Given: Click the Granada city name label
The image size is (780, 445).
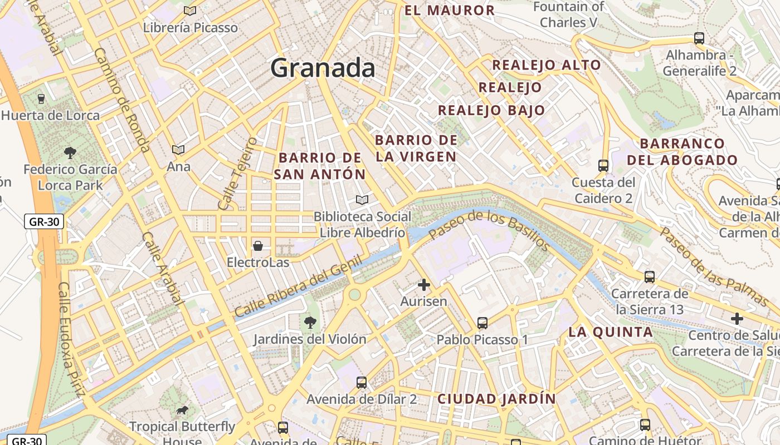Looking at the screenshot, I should point(323,68).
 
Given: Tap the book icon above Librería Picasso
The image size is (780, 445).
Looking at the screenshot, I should point(190,11).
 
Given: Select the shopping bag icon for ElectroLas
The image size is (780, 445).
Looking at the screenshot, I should point(258,245).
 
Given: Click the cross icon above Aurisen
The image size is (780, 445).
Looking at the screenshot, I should point(424,285).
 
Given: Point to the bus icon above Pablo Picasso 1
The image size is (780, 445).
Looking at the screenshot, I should point(482,323).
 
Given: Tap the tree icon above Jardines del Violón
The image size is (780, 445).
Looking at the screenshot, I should point(310,322).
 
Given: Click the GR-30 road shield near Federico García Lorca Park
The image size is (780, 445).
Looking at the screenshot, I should point(44,222).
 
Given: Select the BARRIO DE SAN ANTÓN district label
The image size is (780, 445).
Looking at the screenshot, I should point(320,166).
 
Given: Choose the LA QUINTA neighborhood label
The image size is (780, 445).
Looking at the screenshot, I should point(611,332).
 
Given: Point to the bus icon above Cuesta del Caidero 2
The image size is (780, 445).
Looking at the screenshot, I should point(603,165).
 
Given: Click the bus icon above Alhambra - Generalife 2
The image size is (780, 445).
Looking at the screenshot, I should point(699,38).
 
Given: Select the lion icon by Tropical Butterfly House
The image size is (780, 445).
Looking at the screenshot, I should point(182,411).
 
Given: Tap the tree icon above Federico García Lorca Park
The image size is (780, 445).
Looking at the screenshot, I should point(70,152).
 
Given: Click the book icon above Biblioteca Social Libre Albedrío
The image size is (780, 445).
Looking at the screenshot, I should point(362,200).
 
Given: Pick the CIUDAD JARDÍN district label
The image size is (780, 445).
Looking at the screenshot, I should point(496,399).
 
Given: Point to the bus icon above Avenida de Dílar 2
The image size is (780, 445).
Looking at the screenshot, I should point(362,382).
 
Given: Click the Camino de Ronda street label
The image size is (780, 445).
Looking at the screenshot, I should point(122,100).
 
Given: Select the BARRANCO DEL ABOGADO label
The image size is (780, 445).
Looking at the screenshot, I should point(682,152).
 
